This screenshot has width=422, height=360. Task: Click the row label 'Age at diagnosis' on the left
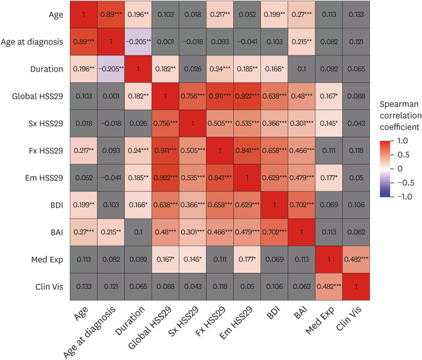pyautogui.click(x=32, y=42)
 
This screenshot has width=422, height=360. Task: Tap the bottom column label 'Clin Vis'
pyautogui.click(x=349, y=318)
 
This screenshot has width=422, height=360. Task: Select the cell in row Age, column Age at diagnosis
pyautogui.click(x=111, y=14)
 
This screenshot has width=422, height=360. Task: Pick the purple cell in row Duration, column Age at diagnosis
pyautogui.click(x=111, y=69)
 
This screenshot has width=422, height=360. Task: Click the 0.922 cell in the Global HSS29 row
pyautogui.click(x=247, y=96)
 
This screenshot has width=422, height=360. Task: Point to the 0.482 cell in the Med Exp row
pyautogui.click(x=356, y=260)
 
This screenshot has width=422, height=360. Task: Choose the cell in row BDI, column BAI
pyautogui.click(x=301, y=205)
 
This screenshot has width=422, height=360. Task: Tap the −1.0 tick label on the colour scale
pyautogui.click(x=405, y=197)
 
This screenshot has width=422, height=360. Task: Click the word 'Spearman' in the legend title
pyautogui.click(x=399, y=104)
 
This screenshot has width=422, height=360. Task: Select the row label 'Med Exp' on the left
pyautogui.click(x=47, y=260)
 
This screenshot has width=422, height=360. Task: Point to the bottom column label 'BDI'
pyautogui.click(x=274, y=312)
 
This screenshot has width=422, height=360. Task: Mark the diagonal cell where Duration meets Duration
pyautogui.click(x=138, y=69)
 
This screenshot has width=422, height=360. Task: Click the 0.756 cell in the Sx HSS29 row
pyautogui.click(x=165, y=123)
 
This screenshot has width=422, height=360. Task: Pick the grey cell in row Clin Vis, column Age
pyautogui.click(x=84, y=287)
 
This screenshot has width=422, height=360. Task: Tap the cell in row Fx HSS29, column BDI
pyautogui.click(x=274, y=151)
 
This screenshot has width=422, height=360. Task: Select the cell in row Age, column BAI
pyautogui.click(x=301, y=14)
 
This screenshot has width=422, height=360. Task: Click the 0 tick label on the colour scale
pyautogui.click(x=400, y=168)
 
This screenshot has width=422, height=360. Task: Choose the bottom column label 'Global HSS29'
pyautogui.click(x=150, y=328)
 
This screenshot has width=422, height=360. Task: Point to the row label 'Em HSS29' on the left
pyautogui.click(x=44, y=178)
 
